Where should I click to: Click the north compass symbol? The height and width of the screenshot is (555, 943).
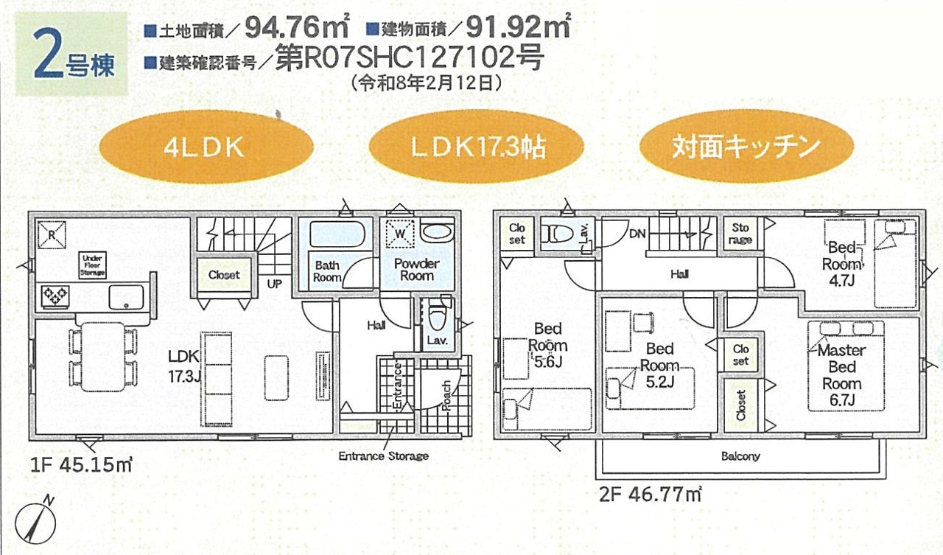(36, 521)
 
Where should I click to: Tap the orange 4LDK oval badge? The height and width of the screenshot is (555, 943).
(206, 147)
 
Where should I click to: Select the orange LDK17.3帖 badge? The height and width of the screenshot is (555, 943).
(476, 147)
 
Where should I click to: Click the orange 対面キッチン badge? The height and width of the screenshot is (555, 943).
(746, 147)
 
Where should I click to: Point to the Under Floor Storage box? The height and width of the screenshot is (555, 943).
(93, 265)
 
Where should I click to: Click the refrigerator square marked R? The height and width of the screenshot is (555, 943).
(52, 235)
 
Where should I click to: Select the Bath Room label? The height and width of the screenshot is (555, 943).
(327, 272)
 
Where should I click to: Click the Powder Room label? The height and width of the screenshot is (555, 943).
(417, 270)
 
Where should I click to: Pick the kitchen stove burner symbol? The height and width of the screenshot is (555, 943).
(55, 296)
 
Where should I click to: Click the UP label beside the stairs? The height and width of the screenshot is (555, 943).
(274, 284)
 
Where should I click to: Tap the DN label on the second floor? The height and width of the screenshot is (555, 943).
(637, 234)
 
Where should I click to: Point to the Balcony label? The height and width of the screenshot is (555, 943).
(740, 456)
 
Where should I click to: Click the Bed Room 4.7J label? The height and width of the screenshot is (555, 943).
(842, 264)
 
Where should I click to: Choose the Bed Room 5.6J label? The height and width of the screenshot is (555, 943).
(548, 345)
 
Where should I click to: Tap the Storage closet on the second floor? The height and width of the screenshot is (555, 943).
(740, 234)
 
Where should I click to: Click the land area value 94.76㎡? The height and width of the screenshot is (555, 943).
(297, 27)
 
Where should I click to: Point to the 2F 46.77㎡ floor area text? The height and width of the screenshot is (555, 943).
(651, 494)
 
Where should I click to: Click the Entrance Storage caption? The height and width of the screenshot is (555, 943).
(384, 456)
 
